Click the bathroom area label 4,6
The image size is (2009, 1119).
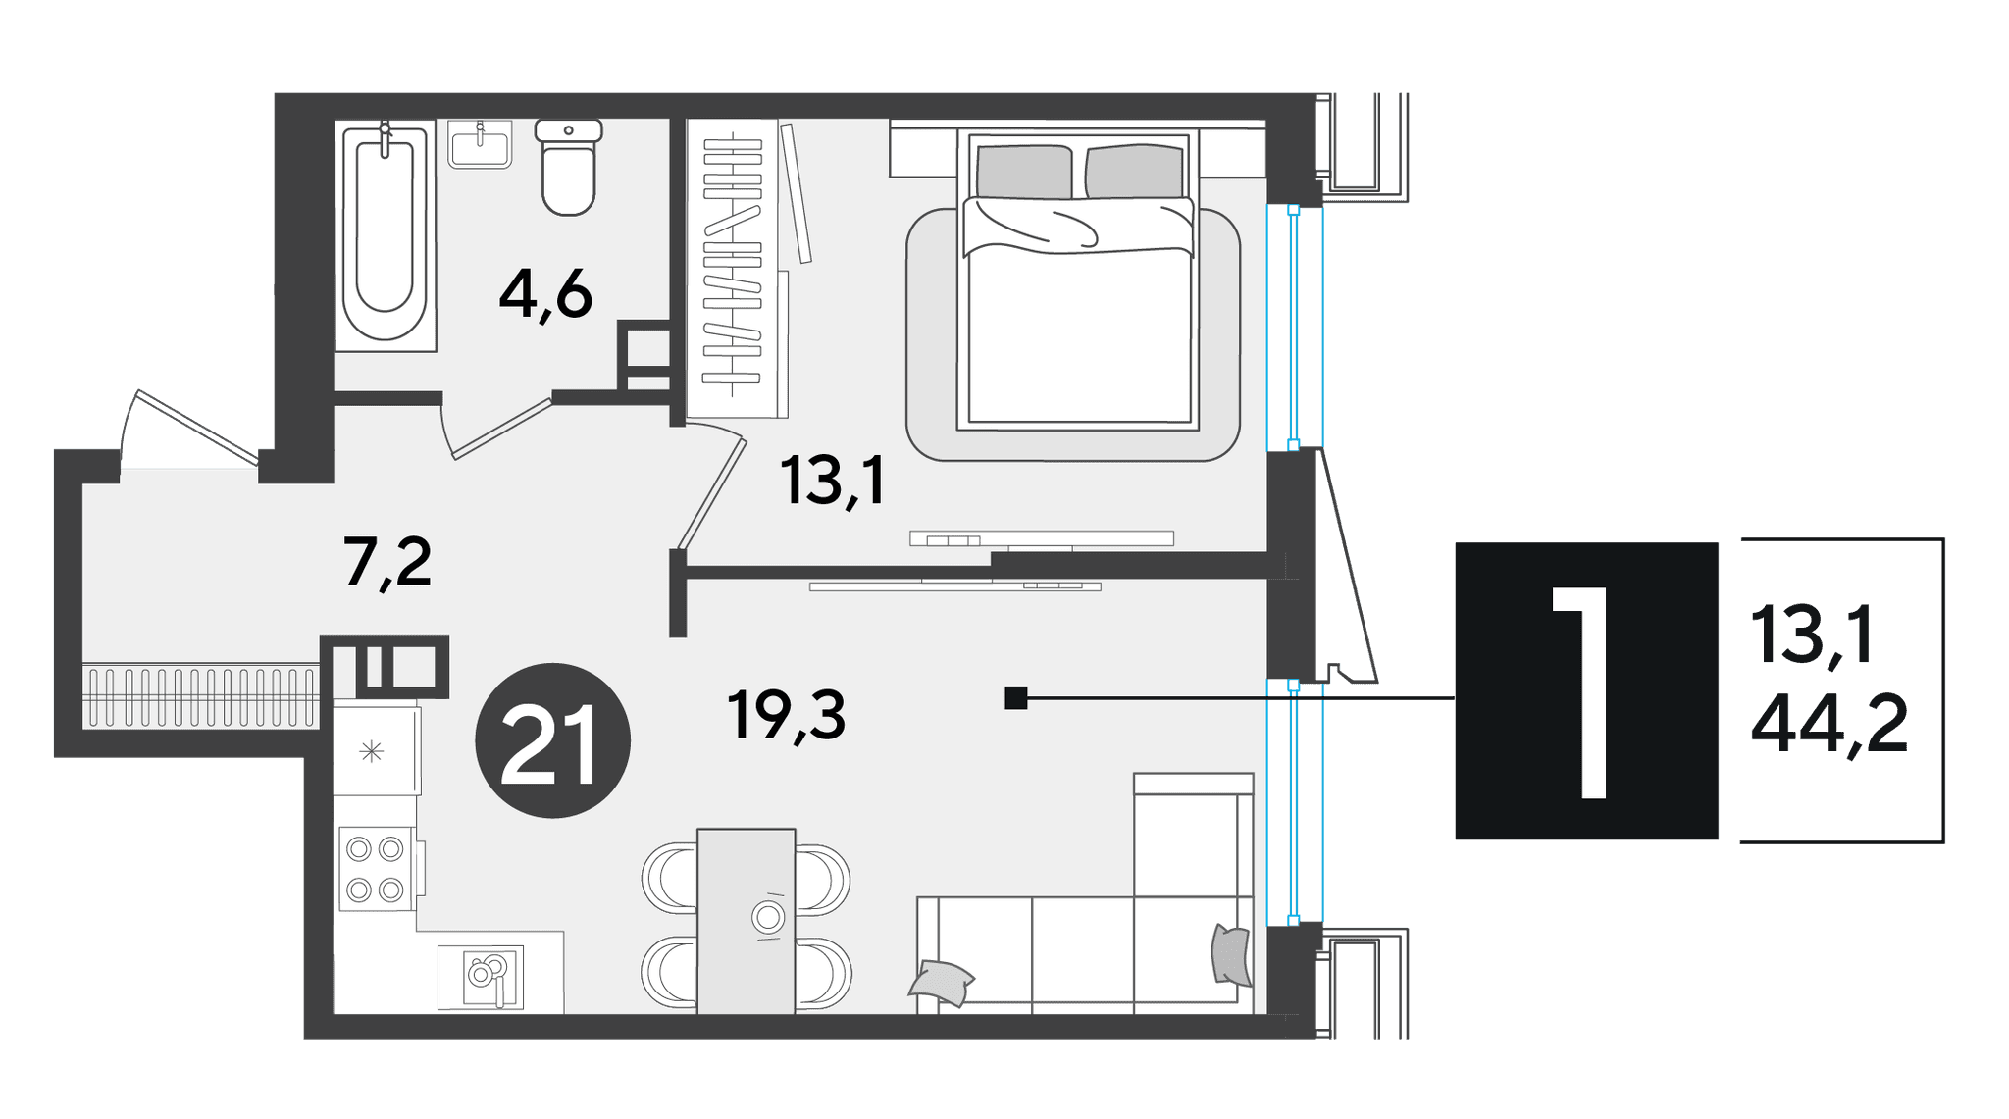tap(545, 293)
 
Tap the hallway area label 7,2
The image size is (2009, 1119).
tap(387, 562)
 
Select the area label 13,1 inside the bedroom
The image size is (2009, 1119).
tap(833, 480)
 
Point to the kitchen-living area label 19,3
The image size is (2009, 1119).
tap(786, 715)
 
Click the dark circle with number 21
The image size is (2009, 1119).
tap(552, 740)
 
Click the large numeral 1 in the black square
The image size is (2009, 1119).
tap(1580, 692)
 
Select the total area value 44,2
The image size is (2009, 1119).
tap(1829, 724)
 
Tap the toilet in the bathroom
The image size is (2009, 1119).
tap(569, 167)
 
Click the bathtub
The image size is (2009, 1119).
tap(385, 234)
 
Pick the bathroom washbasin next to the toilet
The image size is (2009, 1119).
tap(480, 144)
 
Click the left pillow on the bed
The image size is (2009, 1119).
tap(1023, 172)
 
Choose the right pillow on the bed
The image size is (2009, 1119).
tap(1134, 172)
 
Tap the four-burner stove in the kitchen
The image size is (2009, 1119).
tap(375, 869)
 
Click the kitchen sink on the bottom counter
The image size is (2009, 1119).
tap(481, 977)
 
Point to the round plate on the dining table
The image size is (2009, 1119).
tap(768, 918)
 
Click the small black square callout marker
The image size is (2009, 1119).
tap(1016, 698)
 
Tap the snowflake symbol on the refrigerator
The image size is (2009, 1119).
tap(371, 752)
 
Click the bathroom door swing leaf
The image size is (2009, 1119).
tap(502, 429)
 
